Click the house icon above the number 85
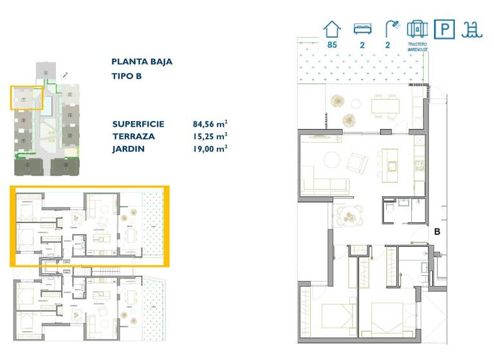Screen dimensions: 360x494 click(332, 29)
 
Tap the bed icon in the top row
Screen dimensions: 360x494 click(362, 29)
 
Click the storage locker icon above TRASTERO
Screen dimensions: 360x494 click(417, 29)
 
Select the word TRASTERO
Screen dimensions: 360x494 click(417, 44)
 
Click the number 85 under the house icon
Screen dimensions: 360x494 click(332, 45)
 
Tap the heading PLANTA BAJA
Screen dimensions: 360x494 click(142, 62)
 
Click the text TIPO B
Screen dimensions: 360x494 click(126, 76)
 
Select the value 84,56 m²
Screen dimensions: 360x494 click(210, 124)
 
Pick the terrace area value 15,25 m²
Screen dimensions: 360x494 click(210, 136)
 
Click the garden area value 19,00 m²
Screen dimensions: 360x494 click(210, 148)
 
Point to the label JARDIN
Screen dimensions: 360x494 click(128, 148)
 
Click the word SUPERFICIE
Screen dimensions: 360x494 click(138, 124)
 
